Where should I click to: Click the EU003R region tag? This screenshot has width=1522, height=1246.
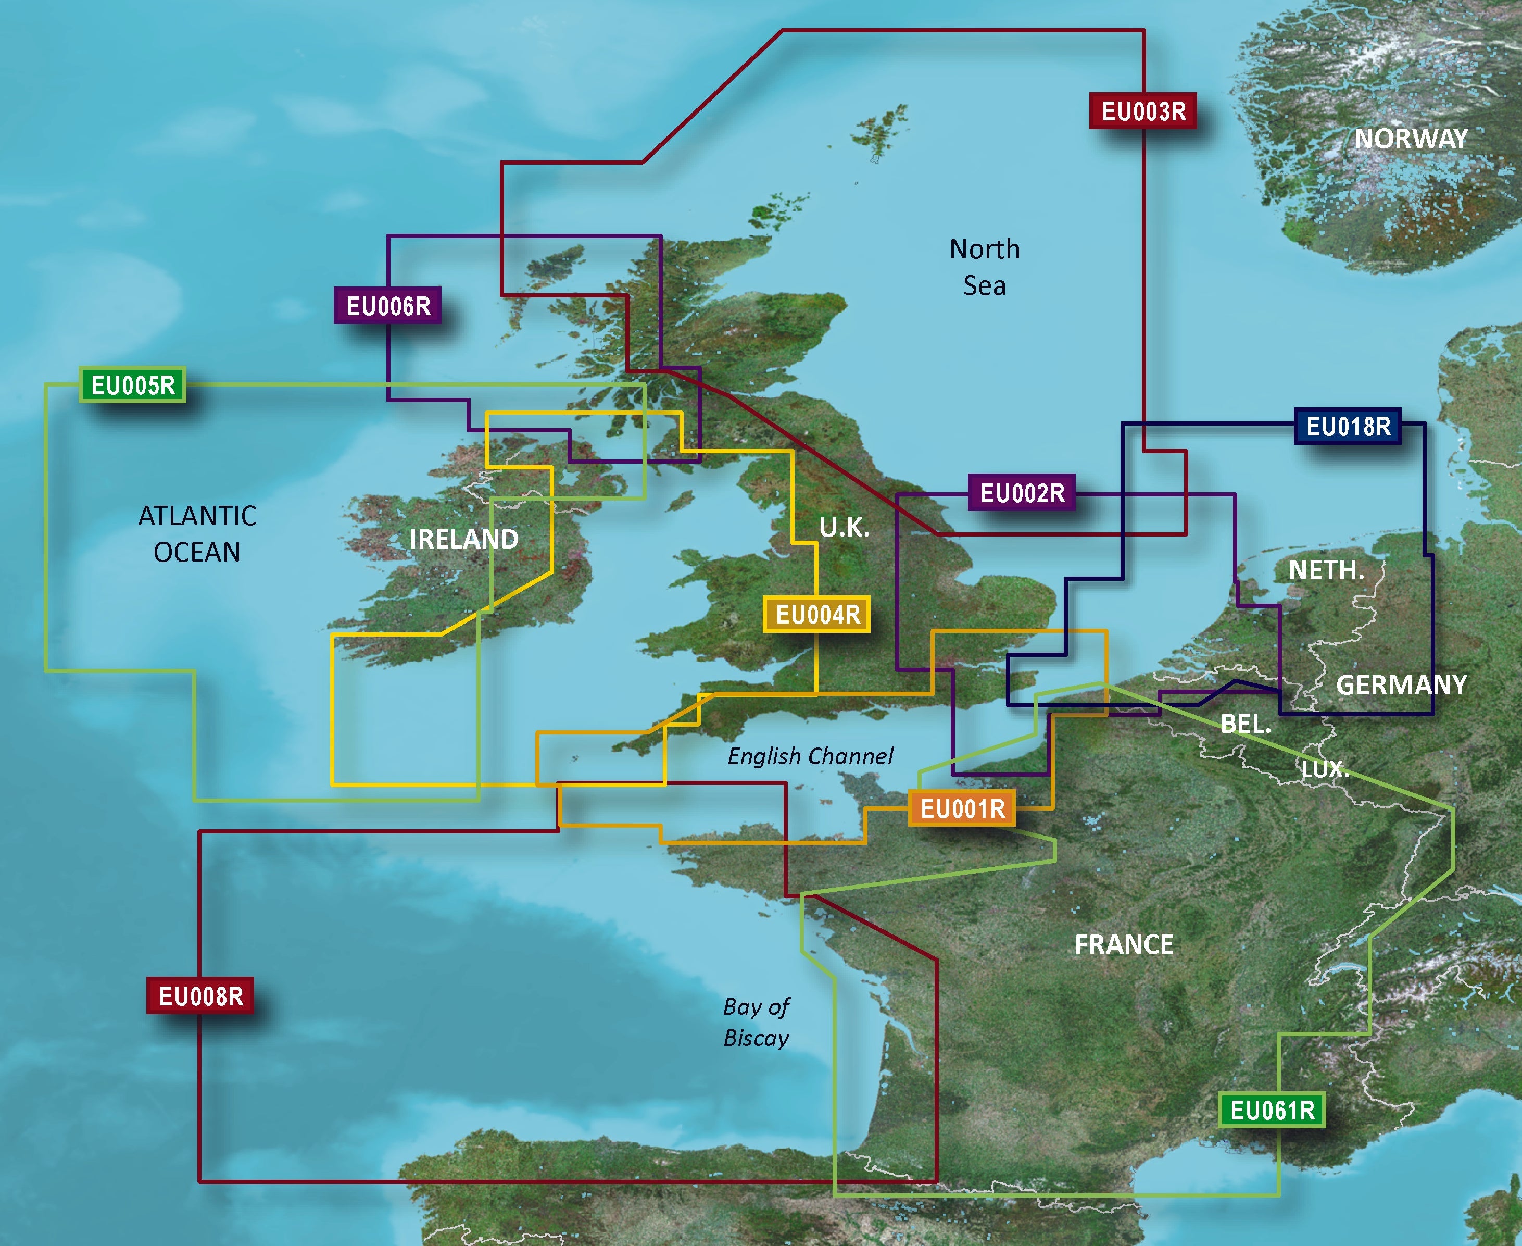1142,111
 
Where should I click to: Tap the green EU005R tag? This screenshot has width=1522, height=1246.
133,385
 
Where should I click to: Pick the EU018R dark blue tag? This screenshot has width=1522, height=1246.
1348,426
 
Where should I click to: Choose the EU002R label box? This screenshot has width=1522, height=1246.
1022,493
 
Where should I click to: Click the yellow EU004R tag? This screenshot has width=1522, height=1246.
817,614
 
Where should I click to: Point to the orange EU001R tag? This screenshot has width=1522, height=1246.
962,809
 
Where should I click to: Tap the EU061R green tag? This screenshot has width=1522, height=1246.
1272,1111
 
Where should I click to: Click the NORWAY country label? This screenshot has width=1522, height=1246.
1411,139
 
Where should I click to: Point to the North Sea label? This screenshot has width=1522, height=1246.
985,268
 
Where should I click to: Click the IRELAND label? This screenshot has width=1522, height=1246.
463,539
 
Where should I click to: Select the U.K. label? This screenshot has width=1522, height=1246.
845,528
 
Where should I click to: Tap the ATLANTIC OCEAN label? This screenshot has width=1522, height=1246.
197,534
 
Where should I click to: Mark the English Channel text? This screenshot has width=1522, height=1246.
810,756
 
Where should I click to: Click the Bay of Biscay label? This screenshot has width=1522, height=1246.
757,1022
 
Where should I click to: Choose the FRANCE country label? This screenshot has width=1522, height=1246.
1124,944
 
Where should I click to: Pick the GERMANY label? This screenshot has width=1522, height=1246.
1401,684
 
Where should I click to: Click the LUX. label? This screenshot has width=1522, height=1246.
1325,769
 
